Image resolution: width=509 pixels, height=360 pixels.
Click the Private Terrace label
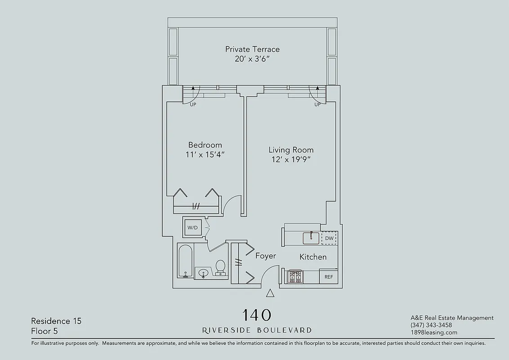(x=252, y=49)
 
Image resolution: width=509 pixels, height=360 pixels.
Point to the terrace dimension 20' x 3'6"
(x=252, y=59)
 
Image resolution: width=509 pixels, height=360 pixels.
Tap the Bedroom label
(x=205, y=145)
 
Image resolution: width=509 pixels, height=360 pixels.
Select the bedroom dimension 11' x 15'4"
(x=205, y=154)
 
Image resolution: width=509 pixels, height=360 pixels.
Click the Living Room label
(x=291, y=150)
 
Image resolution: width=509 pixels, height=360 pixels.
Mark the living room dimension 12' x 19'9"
(x=291, y=159)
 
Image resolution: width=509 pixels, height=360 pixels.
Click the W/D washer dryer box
(x=192, y=228)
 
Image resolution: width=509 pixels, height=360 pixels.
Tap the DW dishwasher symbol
(x=329, y=238)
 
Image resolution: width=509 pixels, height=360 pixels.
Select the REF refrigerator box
(x=329, y=277)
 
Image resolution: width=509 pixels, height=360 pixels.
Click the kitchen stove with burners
(x=295, y=276)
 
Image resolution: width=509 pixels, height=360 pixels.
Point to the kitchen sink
(x=311, y=238)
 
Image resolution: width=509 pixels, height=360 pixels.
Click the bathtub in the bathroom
(x=185, y=261)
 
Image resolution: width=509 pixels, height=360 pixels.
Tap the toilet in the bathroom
(x=220, y=267)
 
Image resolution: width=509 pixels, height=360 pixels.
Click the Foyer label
(x=266, y=256)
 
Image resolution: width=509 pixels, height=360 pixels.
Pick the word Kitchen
(x=313, y=257)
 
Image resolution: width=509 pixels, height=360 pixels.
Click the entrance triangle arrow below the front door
(x=270, y=293)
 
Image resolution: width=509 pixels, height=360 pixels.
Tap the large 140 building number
(x=257, y=315)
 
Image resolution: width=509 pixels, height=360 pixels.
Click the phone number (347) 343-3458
(x=431, y=325)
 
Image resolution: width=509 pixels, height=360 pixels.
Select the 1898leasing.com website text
(x=433, y=333)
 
